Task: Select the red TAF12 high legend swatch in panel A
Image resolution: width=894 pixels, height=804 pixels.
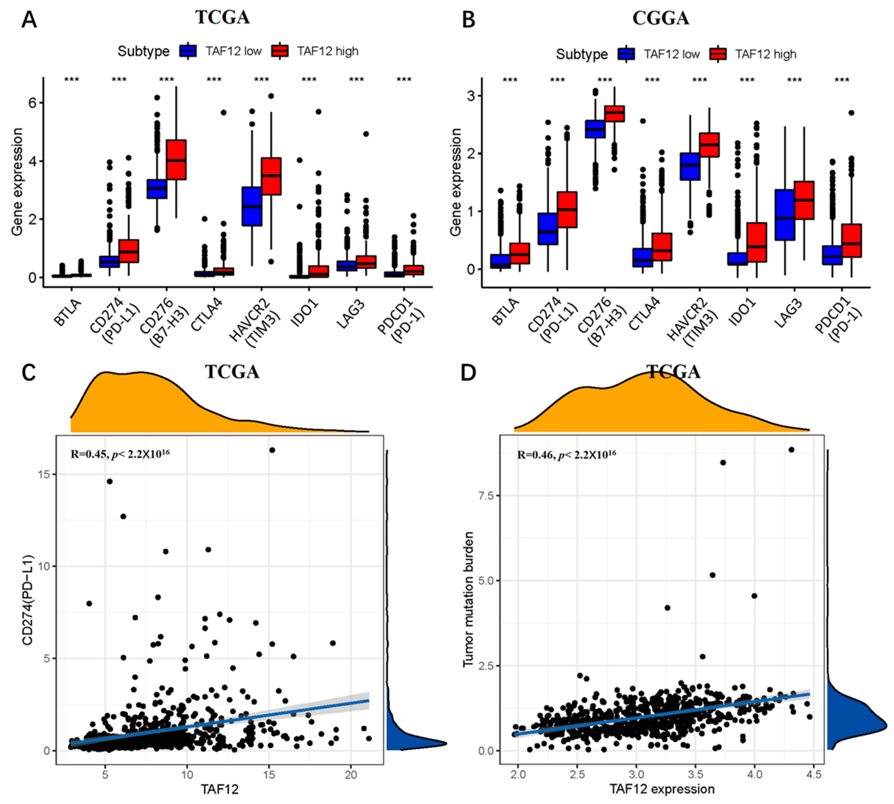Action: (x=280, y=51)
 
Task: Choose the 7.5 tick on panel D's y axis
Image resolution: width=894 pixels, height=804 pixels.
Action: (x=485, y=496)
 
